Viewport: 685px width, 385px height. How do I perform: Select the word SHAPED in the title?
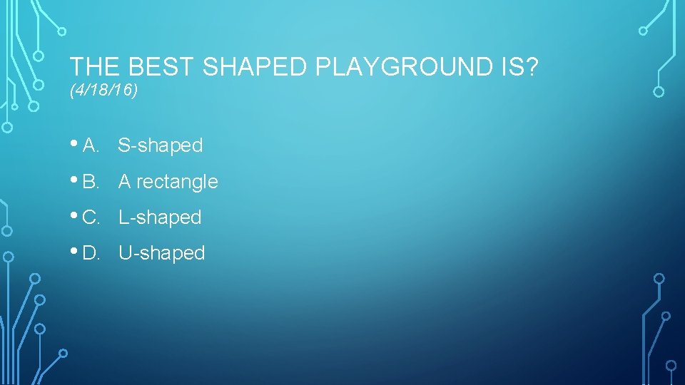pos(255,67)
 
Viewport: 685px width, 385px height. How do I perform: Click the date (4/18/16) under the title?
pos(104,91)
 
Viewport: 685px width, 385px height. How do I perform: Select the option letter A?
pos(90,146)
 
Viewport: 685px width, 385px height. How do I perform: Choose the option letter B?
pos(90,182)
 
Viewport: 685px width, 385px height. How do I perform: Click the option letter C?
pos(91,217)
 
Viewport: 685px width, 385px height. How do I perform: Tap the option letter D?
pos(91,253)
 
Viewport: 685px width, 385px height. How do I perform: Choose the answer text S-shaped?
pos(161,146)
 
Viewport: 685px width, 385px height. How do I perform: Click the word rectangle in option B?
pos(177,183)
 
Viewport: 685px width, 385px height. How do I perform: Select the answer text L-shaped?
pos(160,217)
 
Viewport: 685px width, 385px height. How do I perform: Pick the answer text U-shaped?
pos(162,253)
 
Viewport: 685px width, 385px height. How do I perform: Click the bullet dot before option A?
pos(75,145)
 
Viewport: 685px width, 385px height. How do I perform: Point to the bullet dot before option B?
pos(75,180)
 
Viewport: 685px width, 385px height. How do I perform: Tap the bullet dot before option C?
pos(75,216)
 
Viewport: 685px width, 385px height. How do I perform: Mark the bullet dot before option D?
pos(75,252)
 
